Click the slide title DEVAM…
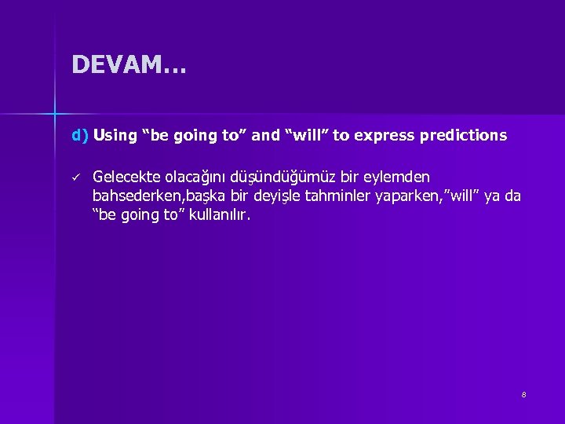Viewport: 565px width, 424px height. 129,64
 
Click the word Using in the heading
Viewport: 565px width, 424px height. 115,135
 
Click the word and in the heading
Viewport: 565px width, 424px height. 266,135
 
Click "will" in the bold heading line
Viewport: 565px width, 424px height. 309,135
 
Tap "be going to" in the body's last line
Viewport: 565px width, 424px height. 137,214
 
